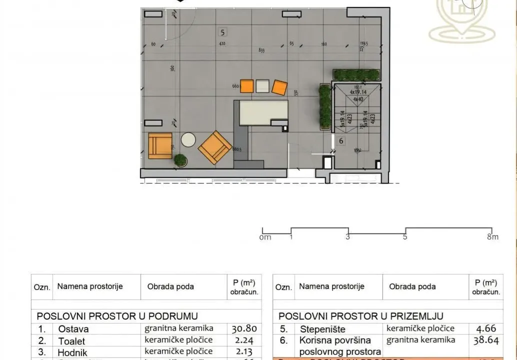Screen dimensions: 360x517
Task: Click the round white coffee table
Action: (x=189, y=139)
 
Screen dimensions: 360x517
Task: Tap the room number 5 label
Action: (x=223, y=32)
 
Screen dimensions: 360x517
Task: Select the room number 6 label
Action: (x=341, y=141)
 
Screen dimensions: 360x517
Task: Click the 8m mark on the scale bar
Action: (x=493, y=237)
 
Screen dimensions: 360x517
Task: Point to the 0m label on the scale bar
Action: (x=265, y=237)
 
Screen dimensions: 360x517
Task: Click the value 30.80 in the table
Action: (x=244, y=329)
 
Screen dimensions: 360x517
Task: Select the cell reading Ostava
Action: (x=73, y=329)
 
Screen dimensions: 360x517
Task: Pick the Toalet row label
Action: (x=71, y=341)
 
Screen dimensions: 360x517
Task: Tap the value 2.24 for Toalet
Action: (x=244, y=341)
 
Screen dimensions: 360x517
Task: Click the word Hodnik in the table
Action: (x=72, y=352)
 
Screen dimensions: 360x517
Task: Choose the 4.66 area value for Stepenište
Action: (x=485, y=329)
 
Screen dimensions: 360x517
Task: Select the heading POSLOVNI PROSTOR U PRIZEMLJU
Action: (x=361, y=316)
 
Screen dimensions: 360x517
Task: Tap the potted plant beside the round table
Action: (x=180, y=160)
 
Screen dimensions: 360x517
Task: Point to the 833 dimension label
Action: (x=261, y=50)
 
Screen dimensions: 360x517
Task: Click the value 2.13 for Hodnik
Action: (x=244, y=352)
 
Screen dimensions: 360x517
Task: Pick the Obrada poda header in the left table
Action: (x=170, y=286)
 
